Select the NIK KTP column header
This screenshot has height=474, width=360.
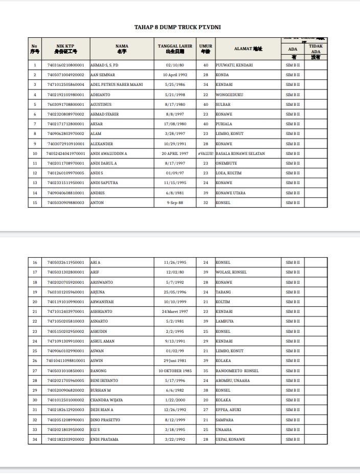66,49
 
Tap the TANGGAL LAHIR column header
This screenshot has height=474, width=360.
175,49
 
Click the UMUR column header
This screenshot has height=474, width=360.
206,49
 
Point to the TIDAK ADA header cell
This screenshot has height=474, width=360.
316,49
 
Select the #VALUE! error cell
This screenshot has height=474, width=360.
206,153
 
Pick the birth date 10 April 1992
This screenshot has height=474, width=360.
175,75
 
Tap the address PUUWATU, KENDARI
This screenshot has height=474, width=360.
234,65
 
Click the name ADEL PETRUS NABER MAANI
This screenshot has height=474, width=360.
117,84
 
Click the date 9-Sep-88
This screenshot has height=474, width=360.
175,202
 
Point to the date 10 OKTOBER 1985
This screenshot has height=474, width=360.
175,371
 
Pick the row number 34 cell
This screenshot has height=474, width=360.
35,439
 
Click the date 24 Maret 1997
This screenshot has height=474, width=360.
175,311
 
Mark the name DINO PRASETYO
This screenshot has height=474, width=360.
105,420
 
